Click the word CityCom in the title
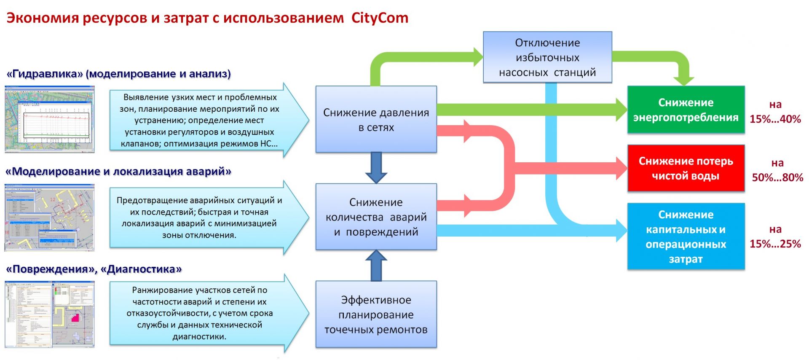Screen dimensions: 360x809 [x=380, y=18]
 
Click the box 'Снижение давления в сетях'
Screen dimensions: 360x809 [x=376, y=119]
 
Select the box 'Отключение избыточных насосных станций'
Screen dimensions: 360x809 [x=547, y=57]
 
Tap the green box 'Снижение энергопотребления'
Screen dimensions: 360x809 [x=686, y=110]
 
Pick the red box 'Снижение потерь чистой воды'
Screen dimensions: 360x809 [x=686, y=168]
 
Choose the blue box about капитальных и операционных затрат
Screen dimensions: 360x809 [x=686, y=236]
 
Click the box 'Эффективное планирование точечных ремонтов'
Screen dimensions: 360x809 [x=376, y=314]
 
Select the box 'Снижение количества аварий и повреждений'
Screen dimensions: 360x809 [x=376, y=217]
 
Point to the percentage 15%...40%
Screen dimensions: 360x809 [x=775, y=119]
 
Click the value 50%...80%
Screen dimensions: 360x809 [x=777, y=177]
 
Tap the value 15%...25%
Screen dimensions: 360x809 [x=775, y=244]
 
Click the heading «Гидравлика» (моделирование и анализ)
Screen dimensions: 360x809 [x=119, y=74]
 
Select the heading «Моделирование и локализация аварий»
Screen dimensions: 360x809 [x=118, y=172]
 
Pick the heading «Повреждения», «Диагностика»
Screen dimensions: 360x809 [x=94, y=269]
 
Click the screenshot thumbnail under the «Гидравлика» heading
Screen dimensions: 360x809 [x=50, y=119]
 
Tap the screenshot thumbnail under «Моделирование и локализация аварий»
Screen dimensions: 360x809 [x=50, y=217]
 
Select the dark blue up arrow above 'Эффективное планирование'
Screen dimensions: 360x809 [x=376, y=266]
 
